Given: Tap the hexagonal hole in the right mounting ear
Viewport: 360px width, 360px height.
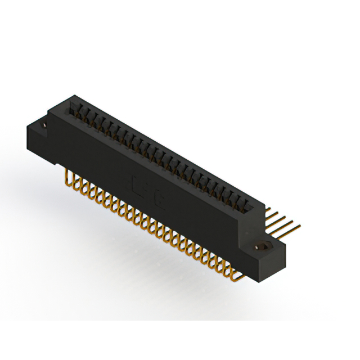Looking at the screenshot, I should point(262,246).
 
